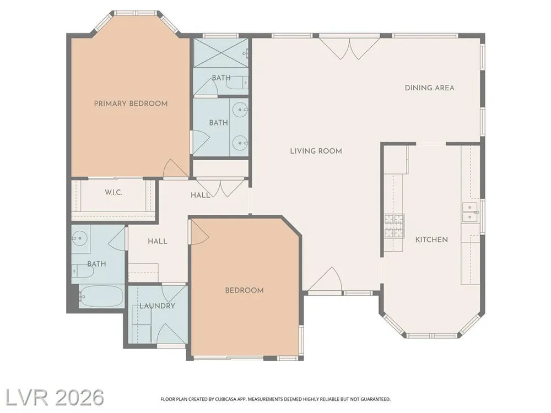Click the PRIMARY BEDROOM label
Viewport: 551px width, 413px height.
[x=131, y=104]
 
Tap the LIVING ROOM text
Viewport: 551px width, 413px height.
[x=316, y=151]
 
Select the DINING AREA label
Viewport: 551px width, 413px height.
[x=429, y=88]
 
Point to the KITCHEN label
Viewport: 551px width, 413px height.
[x=431, y=240]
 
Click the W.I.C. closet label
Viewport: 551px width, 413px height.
[x=114, y=192]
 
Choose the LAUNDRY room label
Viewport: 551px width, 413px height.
[x=157, y=306]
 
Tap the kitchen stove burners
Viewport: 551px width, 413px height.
[x=394, y=225]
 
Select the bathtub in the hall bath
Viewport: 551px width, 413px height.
[x=101, y=297]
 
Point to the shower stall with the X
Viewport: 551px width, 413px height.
[x=221, y=53]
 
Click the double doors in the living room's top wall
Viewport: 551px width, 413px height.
[x=350, y=48]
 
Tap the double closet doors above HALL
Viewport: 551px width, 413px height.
[x=220, y=188]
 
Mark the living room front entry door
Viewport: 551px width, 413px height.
[x=325, y=279]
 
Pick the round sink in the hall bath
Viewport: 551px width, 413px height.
[x=80, y=238]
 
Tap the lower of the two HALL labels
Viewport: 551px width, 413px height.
[x=158, y=241]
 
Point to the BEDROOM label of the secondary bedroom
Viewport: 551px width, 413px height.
[x=244, y=290]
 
